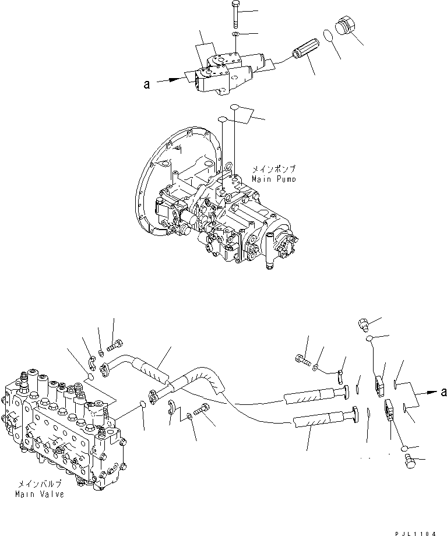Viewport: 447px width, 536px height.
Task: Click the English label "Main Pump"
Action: (273, 178)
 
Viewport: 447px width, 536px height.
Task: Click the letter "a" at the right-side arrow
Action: (444, 392)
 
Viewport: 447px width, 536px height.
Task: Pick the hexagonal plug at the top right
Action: (345, 28)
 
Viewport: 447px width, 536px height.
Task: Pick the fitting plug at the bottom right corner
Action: (409, 461)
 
